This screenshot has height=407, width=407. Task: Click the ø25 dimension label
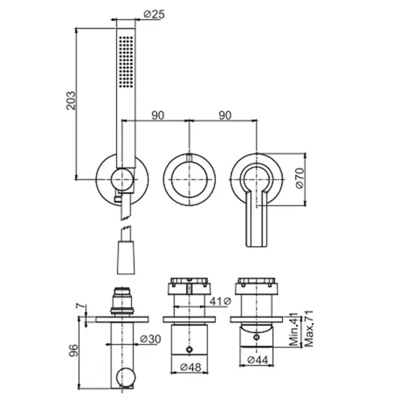tap(154, 14)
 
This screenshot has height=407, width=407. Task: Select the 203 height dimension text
tap(71, 101)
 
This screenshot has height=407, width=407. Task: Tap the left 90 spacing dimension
tap(158, 115)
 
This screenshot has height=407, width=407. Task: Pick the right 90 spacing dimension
tap(225, 115)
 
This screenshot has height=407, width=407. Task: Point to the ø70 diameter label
tap(299, 178)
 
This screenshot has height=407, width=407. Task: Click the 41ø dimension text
tap(220, 301)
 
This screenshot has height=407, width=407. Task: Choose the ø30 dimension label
tap(150, 339)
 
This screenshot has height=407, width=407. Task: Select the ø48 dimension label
tap(191, 367)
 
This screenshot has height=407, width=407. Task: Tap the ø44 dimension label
tap(258, 360)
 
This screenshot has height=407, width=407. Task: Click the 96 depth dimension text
tap(73, 350)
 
